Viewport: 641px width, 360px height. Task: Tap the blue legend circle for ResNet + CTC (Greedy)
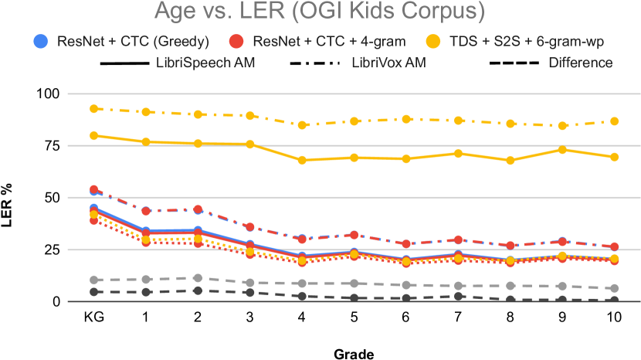pos(42,41)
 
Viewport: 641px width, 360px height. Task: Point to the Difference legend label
pos(580,63)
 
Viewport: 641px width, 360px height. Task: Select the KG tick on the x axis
pos(94,318)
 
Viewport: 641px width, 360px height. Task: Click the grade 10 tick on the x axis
pos(614,318)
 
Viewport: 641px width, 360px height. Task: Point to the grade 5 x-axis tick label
pos(354,318)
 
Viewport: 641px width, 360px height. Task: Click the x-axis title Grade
pos(354,354)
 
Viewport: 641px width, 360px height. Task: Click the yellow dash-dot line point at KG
pos(94,109)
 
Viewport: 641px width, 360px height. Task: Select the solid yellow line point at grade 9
pos(562,149)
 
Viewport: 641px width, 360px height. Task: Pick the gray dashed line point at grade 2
pos(198,278)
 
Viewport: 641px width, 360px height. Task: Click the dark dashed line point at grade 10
pos(614,301)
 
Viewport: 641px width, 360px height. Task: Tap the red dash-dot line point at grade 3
pos(249,227)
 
